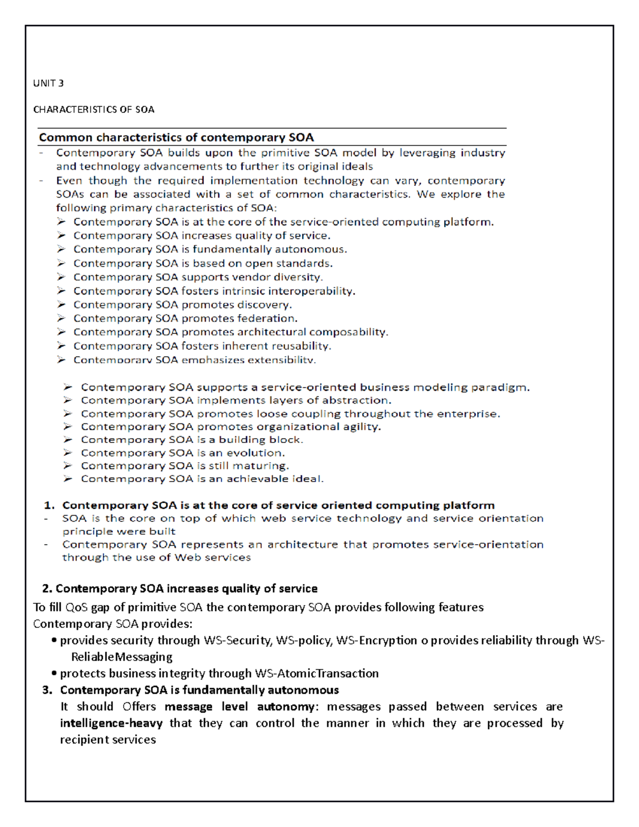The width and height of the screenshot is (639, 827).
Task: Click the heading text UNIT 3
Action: pyautogui.click(x=48, y=83)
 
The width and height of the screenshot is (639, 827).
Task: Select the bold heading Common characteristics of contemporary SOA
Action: pyautogui.click(x=176, y=137)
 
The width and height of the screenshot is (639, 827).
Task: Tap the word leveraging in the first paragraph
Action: pyautogui.click(x=428, y=153)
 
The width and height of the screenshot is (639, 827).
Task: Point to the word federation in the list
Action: pyautogui.click(x=267, y=318)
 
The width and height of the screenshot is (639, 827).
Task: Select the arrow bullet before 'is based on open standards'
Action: pyautogui.click(x=62, y=263)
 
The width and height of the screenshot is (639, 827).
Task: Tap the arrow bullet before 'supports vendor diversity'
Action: pyautogui.click(x=62, y=277)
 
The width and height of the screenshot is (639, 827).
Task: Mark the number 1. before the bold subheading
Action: pyautogui.click(x=49, y=505)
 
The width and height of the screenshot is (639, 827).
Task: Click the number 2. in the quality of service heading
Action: pyautogui.click(x=47, y=588)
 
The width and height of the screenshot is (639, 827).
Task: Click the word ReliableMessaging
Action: pyautogui.click(x=122, y=657)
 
